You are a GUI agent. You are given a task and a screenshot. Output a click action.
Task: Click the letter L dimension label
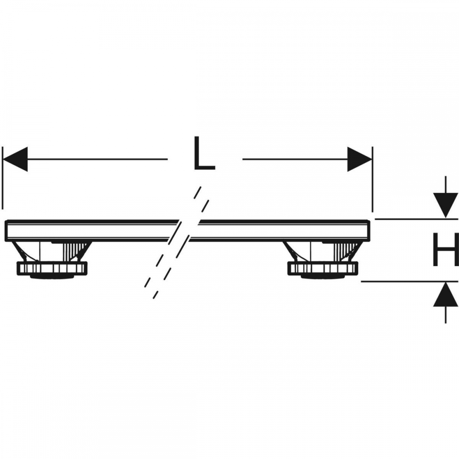tap(205, 153)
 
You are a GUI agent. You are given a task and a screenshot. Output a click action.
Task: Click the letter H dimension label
tap(446, 250)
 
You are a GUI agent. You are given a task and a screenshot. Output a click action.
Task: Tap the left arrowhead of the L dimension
tap(15, 159)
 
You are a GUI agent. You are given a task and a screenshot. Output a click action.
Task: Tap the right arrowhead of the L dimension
tap(359, 159)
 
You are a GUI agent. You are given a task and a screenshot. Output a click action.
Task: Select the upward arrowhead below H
tap(446, 294)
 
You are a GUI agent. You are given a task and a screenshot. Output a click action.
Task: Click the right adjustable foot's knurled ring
tap(323, 269)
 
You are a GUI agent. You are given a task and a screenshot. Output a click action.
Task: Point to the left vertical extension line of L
tap(3, 178)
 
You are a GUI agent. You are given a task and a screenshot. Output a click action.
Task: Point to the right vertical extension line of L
tap(372, 179)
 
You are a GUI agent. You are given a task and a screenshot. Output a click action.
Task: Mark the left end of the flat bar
tap(6, 231)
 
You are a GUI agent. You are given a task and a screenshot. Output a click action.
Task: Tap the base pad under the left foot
tap(52, 276)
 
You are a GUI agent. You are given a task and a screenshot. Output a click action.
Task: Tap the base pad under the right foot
tap(323, 276)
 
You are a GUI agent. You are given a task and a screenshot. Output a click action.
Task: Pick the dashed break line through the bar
tap(177, 242)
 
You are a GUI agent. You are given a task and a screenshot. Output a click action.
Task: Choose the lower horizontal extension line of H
tap(409, 281)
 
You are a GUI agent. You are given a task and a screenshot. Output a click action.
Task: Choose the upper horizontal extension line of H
tap(416, 218)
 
